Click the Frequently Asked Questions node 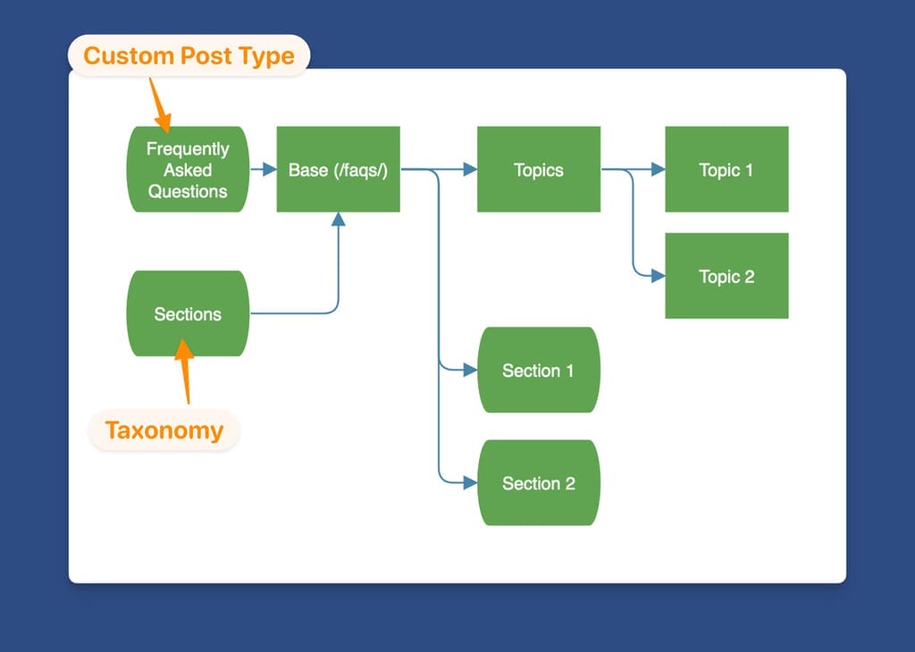[188, 170]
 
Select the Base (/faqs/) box [338, 170]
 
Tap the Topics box [538, 170]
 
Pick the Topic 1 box [726, 170]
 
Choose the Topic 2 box [726, 276]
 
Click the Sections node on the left [188, 313]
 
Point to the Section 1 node [538, 370]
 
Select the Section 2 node [538, 483]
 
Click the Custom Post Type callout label [189, 55]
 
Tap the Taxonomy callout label [164, 430]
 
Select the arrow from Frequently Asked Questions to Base [263, 170]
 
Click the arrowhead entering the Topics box [470, 170]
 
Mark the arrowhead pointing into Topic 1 [659, 170]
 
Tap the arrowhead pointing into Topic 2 [659, 276]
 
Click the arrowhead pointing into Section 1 [470, 370]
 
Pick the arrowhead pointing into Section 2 [470, 483]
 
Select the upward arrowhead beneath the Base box [338, 220]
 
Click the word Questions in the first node [188, 191]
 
